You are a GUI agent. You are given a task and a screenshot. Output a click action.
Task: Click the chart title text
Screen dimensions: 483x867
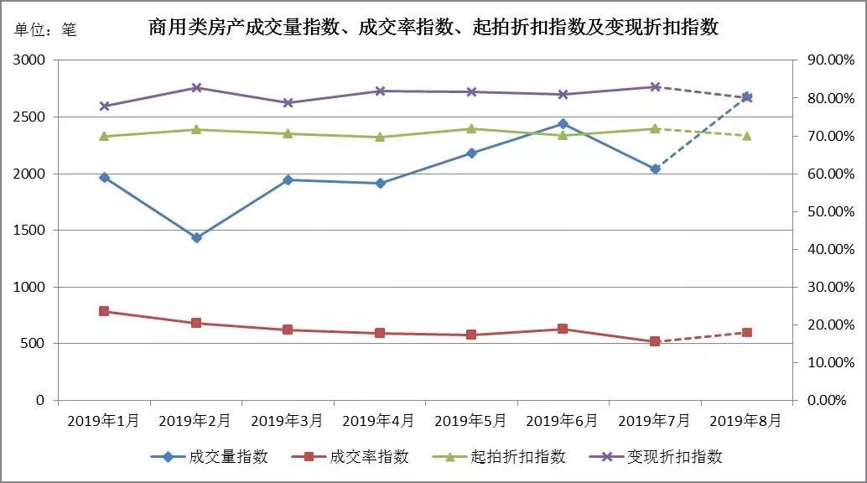tap(433, 28)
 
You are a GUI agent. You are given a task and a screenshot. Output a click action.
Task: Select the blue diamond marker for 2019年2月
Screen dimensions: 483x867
tap(196, 238)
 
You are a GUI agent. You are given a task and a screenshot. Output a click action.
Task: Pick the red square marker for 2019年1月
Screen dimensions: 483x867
tap(104, 311)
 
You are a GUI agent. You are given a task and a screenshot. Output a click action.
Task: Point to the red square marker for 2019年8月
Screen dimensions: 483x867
tap(747, 332)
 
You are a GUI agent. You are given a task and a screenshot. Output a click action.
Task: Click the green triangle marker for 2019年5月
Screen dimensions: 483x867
tap(471, 129)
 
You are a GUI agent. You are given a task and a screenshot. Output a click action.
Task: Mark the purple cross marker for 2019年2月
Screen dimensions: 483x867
tap(196, 88)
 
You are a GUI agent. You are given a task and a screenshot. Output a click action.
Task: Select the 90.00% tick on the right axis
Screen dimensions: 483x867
tap(828, 60)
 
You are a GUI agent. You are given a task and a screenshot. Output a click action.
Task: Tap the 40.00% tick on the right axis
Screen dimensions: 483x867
tap(828, 249)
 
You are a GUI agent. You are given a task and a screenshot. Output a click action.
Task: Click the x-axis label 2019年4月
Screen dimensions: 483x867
tap(379, 420)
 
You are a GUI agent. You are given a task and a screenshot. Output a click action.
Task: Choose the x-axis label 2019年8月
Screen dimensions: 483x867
tap(747, 420)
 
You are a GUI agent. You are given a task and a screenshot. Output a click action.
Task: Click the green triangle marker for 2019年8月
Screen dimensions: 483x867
tap(747, 135)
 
